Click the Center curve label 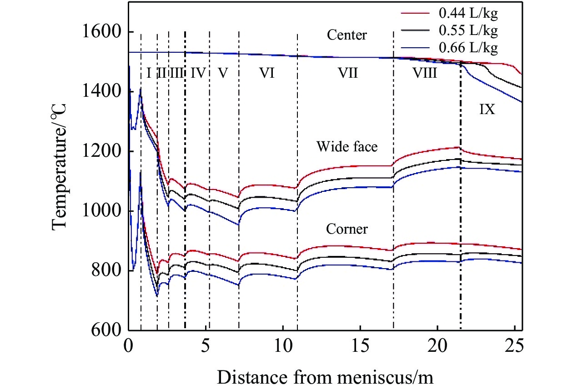click(x=347, y=35)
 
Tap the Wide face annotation click(x=347, y=146)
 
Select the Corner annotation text click(x=347, y=229)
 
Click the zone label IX click(x=487, y=110)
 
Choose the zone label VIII click(x=425, y=73)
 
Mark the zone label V click(x=222, y=73)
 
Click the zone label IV click(x=197, y=73)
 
